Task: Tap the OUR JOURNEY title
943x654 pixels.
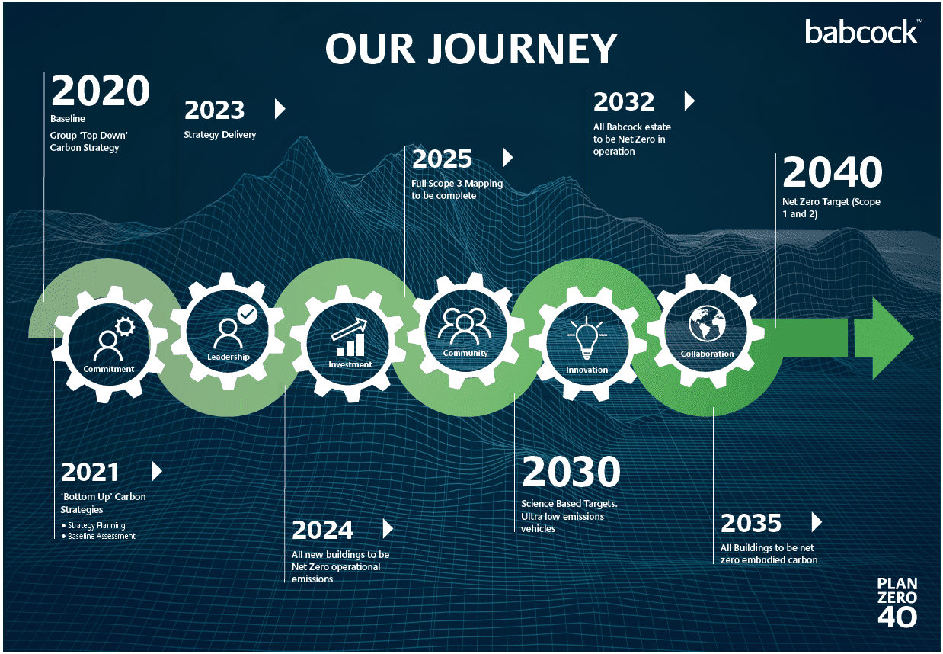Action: (471, 49)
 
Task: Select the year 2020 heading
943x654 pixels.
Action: (101, 90)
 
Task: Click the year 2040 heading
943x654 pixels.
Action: (833, 172)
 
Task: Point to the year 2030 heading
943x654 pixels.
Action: (571, 471)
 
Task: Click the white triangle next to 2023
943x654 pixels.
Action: (280, 109)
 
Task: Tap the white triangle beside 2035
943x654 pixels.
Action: (817, 522)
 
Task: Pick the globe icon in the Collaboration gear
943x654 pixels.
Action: (707, 323)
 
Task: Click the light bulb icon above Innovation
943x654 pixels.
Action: (587, 338)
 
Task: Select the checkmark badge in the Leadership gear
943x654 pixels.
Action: (247, 314)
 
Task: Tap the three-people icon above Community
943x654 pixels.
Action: (465, 325)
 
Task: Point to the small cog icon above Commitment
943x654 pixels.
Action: (125, 326)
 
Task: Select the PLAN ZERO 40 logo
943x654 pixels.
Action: (897, 603)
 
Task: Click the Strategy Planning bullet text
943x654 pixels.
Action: (97, 525)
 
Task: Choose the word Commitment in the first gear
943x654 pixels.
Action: (109, 369)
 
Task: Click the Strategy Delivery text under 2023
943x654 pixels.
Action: (219, 135)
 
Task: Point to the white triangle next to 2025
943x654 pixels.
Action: (508, 158)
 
